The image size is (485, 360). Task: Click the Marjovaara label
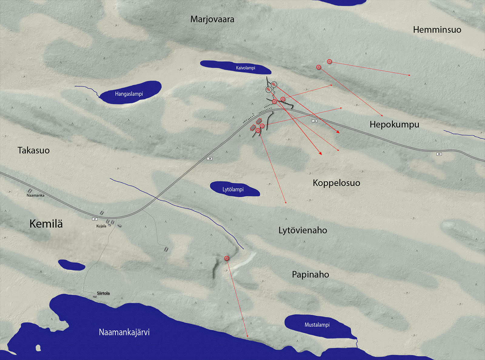click(212, 19)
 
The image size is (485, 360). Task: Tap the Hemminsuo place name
click(437, 30)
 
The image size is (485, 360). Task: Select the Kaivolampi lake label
click(246, 68)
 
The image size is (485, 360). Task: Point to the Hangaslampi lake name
click(129, 94)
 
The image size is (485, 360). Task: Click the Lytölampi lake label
click(233, 190)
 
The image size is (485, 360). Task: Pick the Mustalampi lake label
click(317, 325)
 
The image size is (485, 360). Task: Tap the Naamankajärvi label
click(124, 332)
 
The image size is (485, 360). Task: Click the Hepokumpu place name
click(394, 124)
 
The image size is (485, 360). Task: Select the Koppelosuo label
click(336, 183)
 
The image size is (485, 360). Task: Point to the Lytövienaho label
click(303, 230)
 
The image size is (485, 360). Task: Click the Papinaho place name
click(310, 274)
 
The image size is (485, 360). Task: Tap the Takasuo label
click(34, 150)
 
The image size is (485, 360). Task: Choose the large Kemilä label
click(46, 224)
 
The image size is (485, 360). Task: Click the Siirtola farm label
click(103, 293)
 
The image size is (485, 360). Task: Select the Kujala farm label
click(101, 226)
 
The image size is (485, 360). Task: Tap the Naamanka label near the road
click(35, 195)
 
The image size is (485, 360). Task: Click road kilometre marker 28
click(209, 159)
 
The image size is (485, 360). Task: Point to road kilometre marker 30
click(439, 154)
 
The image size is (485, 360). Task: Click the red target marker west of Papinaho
click(226, 258)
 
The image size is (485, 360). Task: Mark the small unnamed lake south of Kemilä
click(72, 265)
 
